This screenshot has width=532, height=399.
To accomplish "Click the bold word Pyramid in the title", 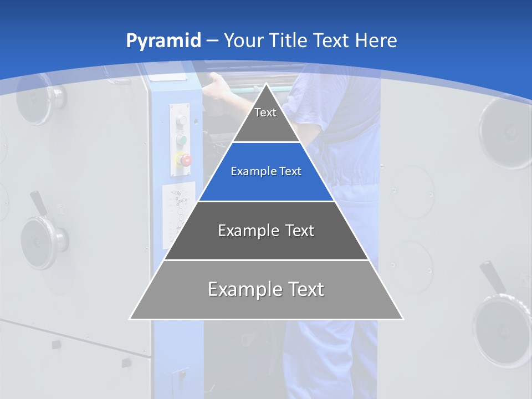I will point(163,41).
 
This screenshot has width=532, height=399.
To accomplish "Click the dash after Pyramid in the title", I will point(212,41).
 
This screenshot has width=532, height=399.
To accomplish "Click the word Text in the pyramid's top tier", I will point(265,112).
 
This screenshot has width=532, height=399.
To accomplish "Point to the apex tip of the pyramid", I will point(267,84).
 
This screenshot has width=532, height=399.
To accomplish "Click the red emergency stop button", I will point(185,160).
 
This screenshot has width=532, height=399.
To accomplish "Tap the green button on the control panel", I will point(181,139).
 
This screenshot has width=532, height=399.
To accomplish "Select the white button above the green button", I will point(181,121).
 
